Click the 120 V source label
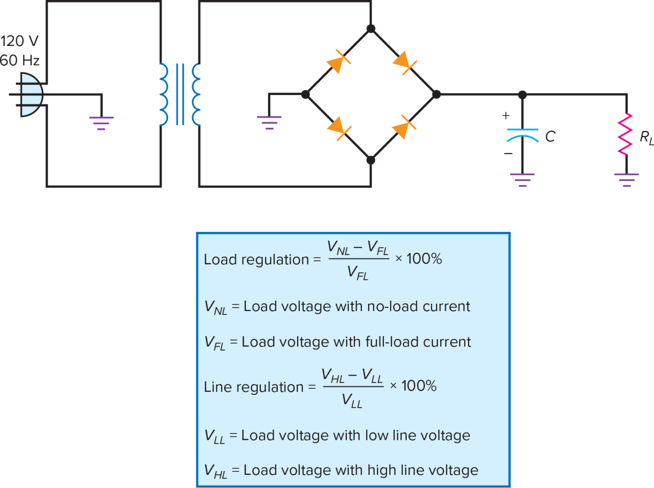[x=19, y=41]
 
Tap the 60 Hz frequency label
[x=20, y=60]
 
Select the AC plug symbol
[x=30, y=95]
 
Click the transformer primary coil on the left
[x=164, y=95]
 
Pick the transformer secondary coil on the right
[x=196, y=95]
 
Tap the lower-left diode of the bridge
[x=338, y=127]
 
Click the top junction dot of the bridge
[x=371, y=29]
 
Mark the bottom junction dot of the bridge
[x=371, y=160]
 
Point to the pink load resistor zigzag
[x=625, y=134]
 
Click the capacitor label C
[x=550, y=136]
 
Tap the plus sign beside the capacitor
[x=505, y=116]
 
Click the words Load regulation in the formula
[x=256, y=260]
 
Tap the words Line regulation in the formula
[x=254, y=387]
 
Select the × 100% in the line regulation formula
[x=413, y=386]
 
